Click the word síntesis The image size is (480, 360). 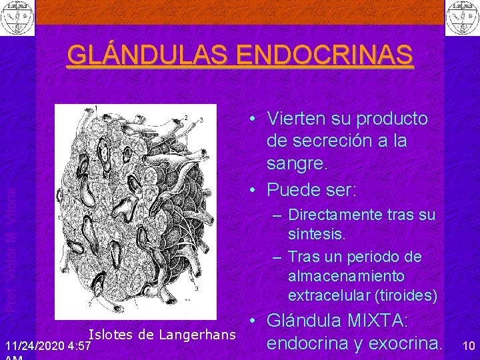click(317, 234)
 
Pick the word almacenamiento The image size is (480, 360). click(346, 276)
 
